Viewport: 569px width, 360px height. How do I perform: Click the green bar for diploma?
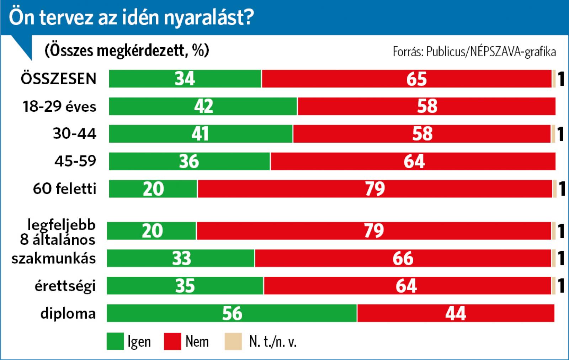[x=178, y=313]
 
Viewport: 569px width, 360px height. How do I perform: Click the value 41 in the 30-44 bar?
[x=200, y=134]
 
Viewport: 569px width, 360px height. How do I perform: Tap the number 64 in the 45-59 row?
[x=414, y=161]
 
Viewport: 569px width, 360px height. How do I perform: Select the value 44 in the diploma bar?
[x=456, y=313]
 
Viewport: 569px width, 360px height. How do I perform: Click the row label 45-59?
[x=75, y=161]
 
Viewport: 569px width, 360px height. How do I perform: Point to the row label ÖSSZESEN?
[x=59, y=79]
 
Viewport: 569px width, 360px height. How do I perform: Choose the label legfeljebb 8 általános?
[x=58, y=232]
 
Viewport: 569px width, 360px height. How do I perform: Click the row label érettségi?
[x=65, y=286]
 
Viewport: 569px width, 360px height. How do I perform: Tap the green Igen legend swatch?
[x=115, y=342]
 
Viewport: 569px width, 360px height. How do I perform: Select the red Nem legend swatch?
[x=173, y=342]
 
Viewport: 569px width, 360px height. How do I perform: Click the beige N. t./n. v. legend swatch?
[x=233, y=342]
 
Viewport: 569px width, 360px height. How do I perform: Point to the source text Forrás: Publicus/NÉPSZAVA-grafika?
[x=474, y=52]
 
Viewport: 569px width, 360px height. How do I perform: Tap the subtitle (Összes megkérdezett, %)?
[x=127, y=51]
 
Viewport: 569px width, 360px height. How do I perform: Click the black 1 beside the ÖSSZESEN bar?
[x=561, y=79]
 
